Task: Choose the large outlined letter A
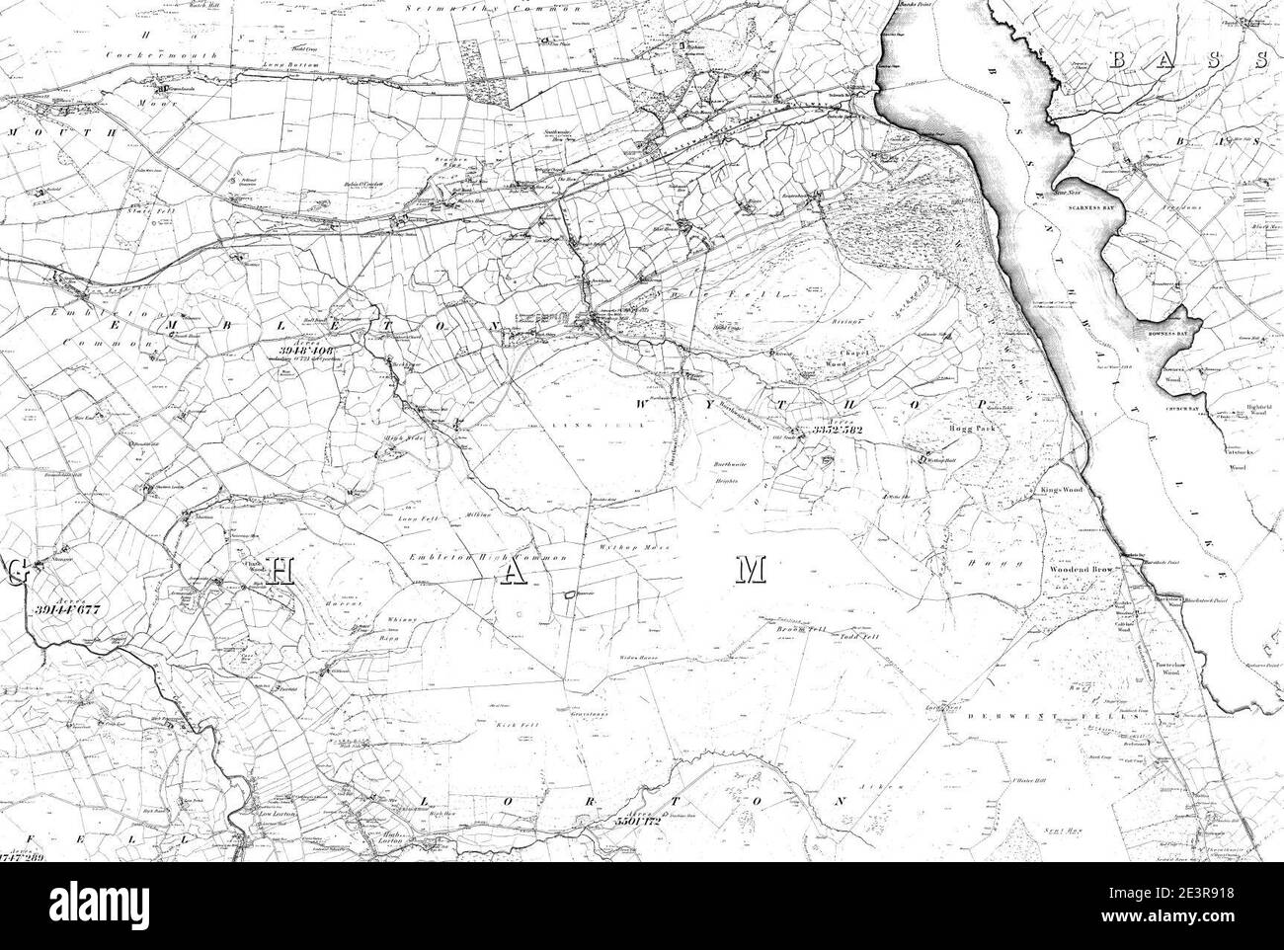[515, 575]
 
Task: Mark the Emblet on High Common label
[488, 559]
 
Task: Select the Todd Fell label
[858, 637]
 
